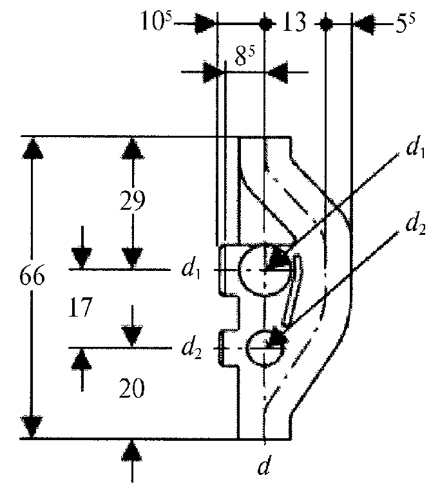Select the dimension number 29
(x=133, y=200)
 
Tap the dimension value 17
(x=81, y=307)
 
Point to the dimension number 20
(x=131, y=388)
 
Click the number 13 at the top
(x=294, y=22)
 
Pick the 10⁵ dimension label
(x=157, y=21)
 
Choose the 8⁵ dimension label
(x=245, y=57)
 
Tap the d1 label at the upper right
(x=416, y=150)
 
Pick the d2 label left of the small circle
(x=191, y=349)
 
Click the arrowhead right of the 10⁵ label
(x=205, y=23)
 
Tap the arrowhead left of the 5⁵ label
(x=364, y=24)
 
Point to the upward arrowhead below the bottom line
(x=132, y=450)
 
